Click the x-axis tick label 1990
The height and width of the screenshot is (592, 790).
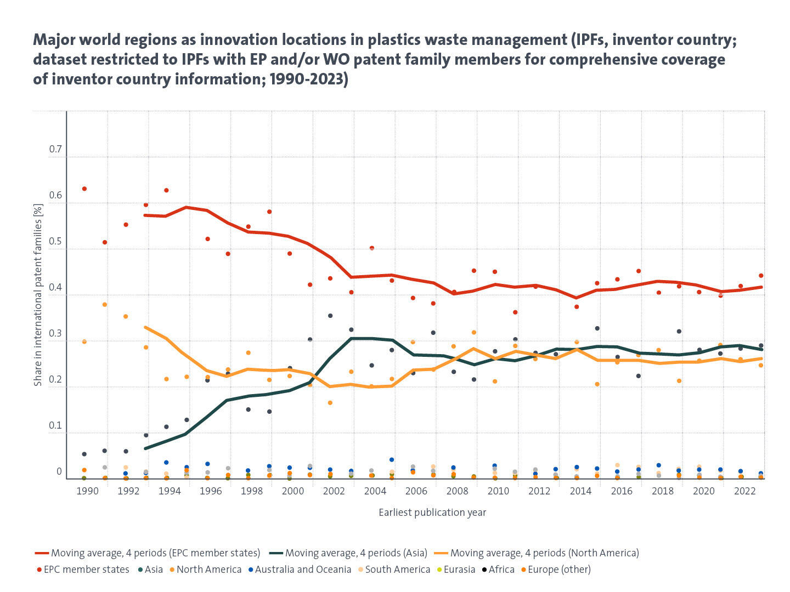(x=87, y=491)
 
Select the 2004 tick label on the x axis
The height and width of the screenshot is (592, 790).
(x=375, y=491)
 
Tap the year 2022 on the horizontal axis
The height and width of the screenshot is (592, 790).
(x=744, y=491)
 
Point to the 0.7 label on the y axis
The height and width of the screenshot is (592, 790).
(x=55, y=150)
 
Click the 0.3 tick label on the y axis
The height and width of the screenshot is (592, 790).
(x=55, y=334)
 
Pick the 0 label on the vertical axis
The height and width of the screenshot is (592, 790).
(x=59, y=471)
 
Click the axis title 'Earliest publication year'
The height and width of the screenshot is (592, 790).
(x=432, y=513)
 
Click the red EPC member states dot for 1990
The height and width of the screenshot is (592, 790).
(x=84, y=189)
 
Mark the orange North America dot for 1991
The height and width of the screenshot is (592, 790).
(x=105, y=305)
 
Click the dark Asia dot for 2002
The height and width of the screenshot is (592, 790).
(x=330, y=316)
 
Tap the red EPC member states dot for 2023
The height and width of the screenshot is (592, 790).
(x=761, y=276)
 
